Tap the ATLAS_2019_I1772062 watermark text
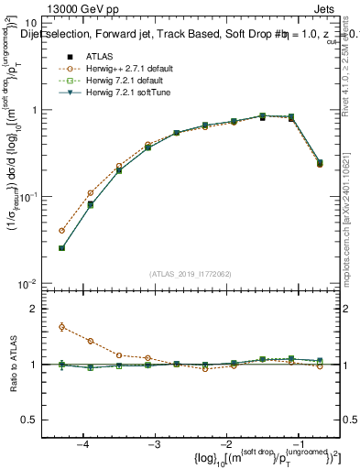tap(191, 274)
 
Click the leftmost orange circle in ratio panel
tap(61, 326)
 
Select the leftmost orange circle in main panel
tap(61, 231)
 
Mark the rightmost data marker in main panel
tap(320, 163)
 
